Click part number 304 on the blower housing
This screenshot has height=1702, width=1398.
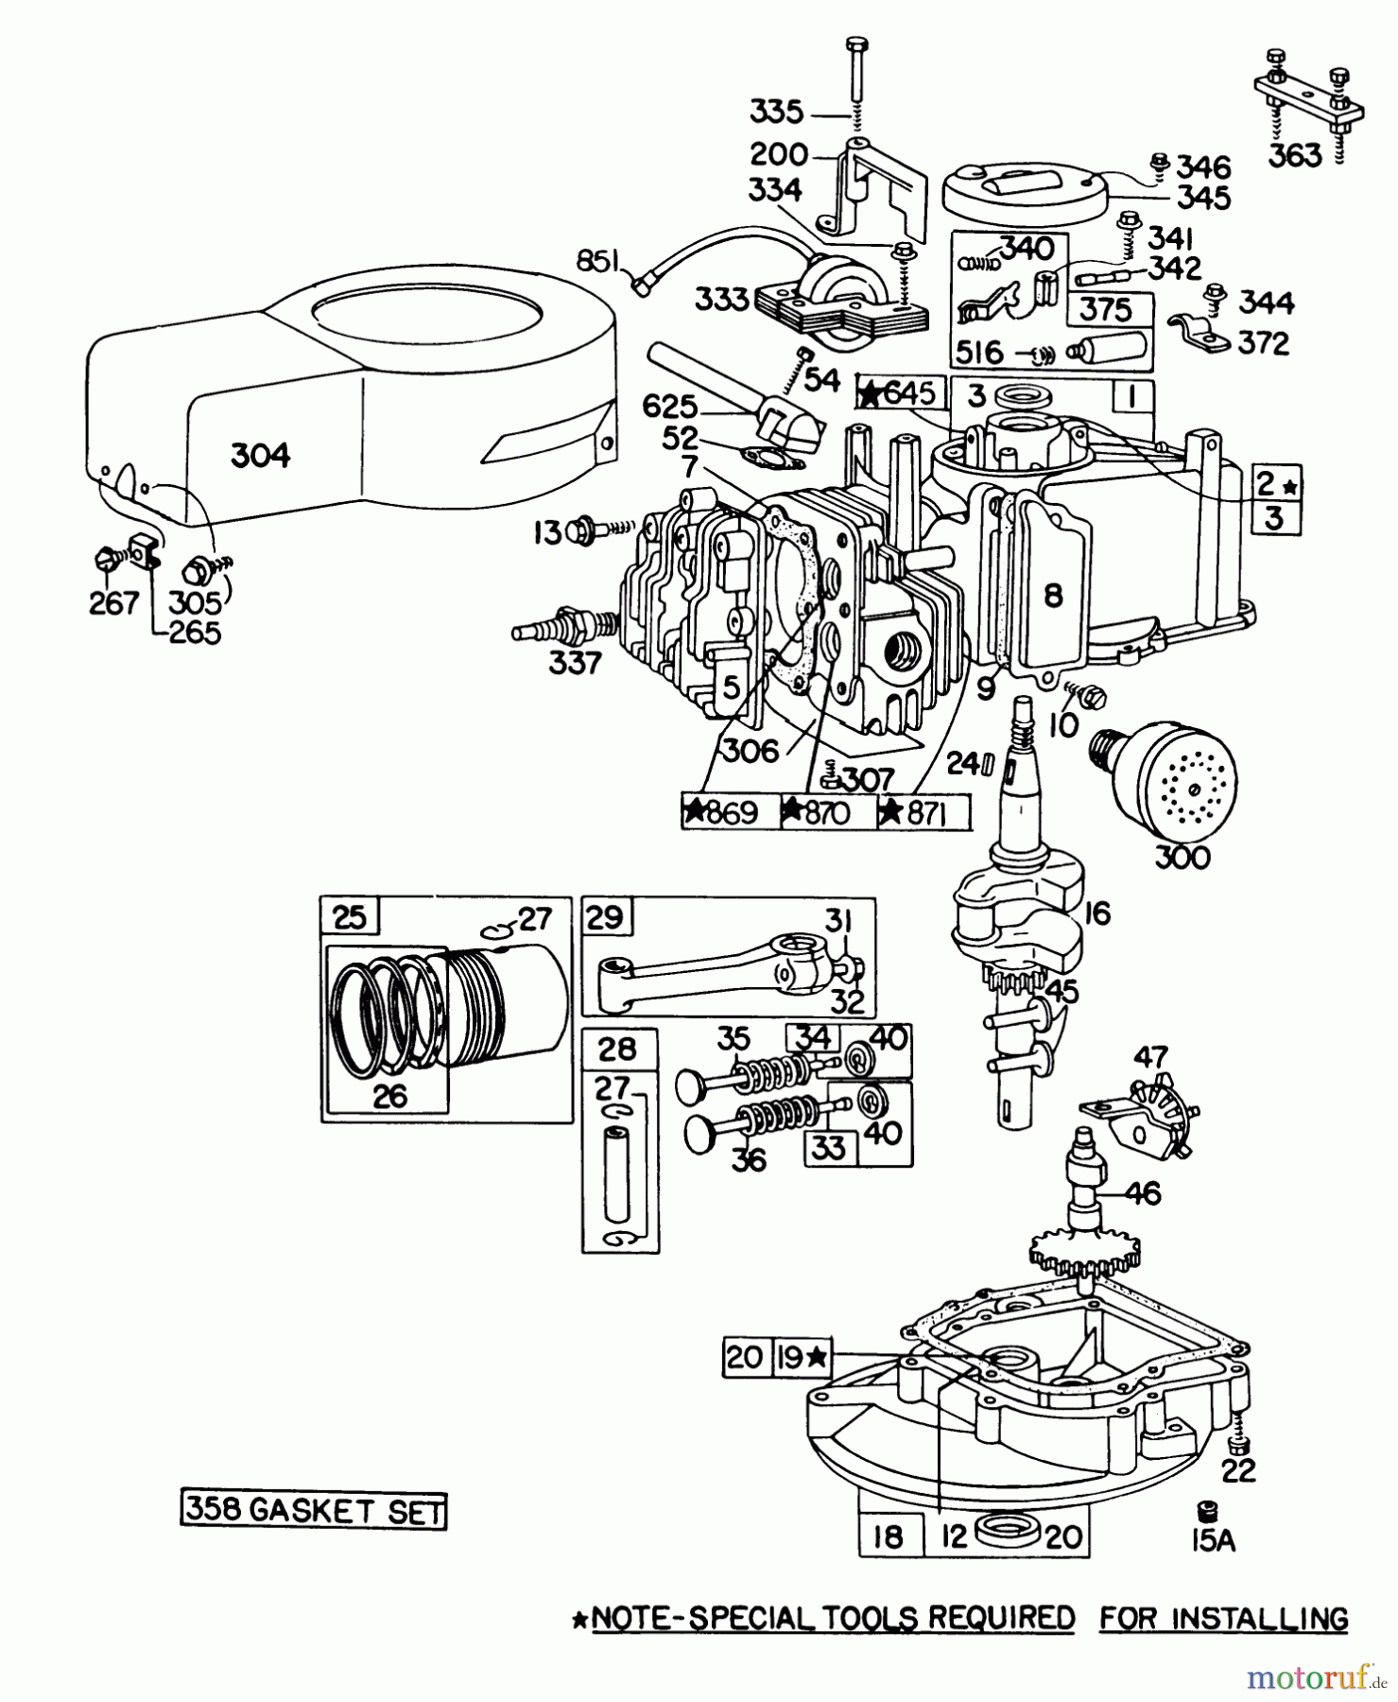click(x=260, y=456)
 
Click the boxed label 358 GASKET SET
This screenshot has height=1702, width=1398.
click(x=313, y=1511)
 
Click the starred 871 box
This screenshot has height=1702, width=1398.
click(x=923, y=812)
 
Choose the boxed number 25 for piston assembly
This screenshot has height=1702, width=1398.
click(x=350, y=918)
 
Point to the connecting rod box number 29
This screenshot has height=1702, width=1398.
click(x=608, y=918)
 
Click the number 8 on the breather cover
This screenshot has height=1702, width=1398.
click(x=1054, y=595)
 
